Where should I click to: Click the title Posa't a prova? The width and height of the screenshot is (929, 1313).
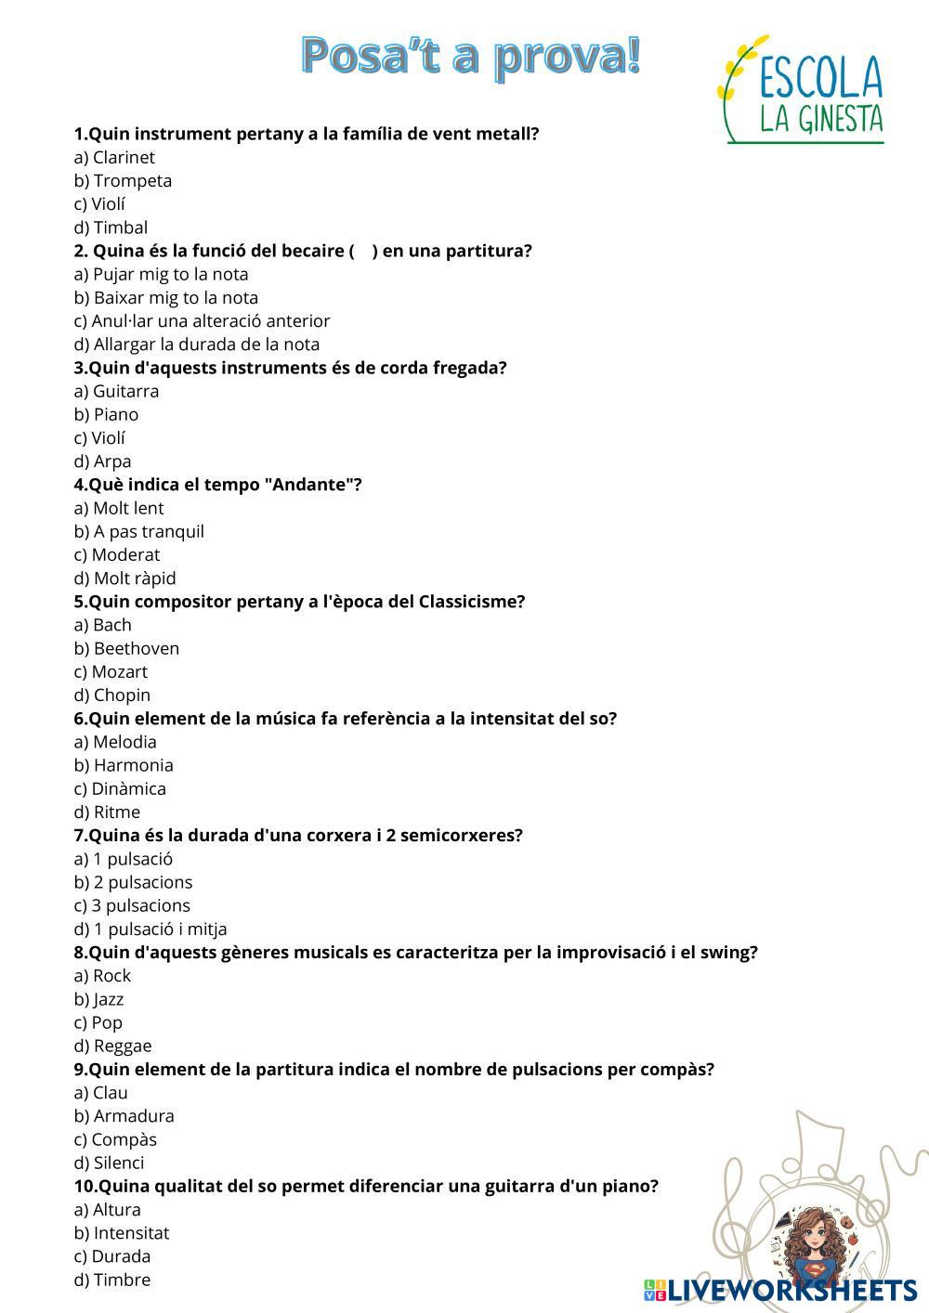471,56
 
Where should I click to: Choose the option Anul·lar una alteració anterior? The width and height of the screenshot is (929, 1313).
202,321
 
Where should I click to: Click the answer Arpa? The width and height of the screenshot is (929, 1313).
103,461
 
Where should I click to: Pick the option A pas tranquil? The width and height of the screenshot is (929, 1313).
139,532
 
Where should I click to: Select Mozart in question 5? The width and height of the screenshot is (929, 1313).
111,672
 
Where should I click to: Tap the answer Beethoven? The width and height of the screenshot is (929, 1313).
126,649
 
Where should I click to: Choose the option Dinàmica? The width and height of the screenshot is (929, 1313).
120,789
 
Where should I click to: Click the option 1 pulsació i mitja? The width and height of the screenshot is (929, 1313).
150,929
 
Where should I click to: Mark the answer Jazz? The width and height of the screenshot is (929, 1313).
99,999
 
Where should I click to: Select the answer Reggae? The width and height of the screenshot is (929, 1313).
112,1046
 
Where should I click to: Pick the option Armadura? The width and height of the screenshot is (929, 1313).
124,1116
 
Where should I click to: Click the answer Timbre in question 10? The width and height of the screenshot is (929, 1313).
112,1280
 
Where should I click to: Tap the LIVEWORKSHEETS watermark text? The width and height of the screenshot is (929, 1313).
790,1290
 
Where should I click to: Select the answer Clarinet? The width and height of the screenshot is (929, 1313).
114,158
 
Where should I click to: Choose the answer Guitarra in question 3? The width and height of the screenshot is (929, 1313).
117,392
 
